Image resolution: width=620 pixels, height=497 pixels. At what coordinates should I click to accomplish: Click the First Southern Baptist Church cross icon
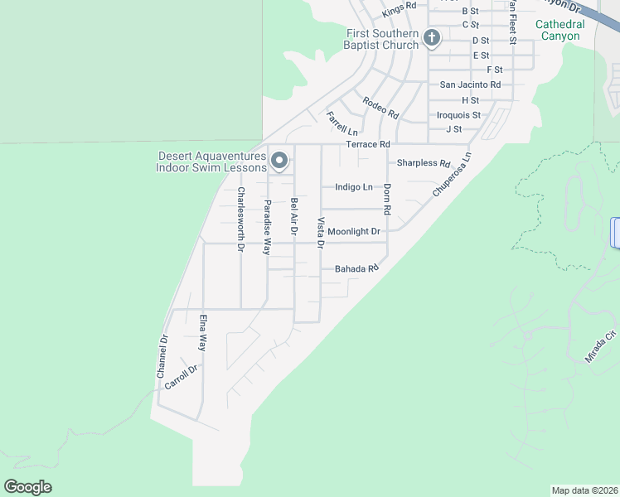[x=431, y=37]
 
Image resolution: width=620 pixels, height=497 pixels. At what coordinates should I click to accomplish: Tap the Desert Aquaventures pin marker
[x=279, y=161]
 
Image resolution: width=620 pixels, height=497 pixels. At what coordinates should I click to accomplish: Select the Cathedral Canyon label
[x=559, y=30]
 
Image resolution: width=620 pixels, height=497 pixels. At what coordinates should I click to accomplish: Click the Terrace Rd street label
[x=367, y=144]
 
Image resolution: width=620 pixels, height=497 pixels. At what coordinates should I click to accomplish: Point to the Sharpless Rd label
[x=423, y=163]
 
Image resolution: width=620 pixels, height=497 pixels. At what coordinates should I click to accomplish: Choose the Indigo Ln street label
[x=353, y=187]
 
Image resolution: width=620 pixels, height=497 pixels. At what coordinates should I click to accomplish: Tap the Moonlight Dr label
[x=353, y=232]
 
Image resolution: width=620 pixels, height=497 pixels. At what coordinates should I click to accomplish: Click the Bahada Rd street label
[x=356, y=268]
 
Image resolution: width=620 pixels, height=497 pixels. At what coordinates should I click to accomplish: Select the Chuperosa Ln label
[x=451, y=174]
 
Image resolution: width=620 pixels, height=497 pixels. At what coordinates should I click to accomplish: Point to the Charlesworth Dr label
[x=241, y=219]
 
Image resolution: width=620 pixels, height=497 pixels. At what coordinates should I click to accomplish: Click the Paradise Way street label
[x=268, y=227]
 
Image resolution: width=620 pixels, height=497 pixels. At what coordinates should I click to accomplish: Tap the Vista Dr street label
[x=320, y=233]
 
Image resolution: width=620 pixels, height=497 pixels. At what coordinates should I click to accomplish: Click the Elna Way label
[x=202, y=332]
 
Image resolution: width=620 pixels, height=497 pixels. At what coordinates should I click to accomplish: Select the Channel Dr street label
[x=162, y=356]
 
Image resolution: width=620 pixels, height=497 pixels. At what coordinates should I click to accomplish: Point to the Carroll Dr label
[x=182, y=377]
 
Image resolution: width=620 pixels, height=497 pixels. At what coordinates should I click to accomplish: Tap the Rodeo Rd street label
[x=380, y=107]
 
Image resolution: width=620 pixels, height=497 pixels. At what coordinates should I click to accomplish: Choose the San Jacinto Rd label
[x=470, y=84]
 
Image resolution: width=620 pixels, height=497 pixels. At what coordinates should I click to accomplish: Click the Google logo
[x=27, y=487]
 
